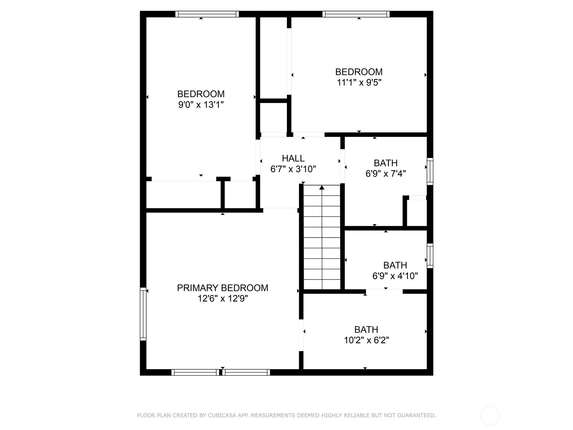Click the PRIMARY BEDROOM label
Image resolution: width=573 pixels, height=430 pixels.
tap(222, 288)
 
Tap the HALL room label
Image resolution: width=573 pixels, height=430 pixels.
tap(293, 158)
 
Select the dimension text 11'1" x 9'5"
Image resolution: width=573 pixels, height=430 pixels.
tap(359, 82)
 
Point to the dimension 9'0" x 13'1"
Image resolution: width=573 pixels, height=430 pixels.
tap(201, 105)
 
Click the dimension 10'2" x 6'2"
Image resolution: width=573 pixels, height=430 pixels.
tap(366, 340)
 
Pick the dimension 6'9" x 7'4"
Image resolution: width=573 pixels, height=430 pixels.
tap(386, 174)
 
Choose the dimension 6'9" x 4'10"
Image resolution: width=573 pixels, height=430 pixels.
tap(395, 276)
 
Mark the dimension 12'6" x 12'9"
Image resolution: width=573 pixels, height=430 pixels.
tap(222, 298)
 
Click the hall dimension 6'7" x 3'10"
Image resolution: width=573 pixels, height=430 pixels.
tap(293, 169)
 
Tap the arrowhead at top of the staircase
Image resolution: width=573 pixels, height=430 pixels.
tap(322, 187)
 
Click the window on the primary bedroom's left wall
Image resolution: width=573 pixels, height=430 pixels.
tap(143, 314)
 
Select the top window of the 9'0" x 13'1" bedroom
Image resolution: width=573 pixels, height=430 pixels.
tap(207, 14)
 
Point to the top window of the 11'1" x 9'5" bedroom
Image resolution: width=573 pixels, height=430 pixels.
tap(356, 14)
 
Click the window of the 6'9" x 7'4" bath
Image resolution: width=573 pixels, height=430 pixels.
tap(430, 172)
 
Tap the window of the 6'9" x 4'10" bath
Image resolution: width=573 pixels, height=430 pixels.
tap(430, 256)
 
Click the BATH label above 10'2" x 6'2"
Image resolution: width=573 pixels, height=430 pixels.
tap(366, 329)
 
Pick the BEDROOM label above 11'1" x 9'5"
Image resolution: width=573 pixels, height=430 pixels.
tap(359, 72)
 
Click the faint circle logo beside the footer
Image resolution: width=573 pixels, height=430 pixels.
tap(490, 415)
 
